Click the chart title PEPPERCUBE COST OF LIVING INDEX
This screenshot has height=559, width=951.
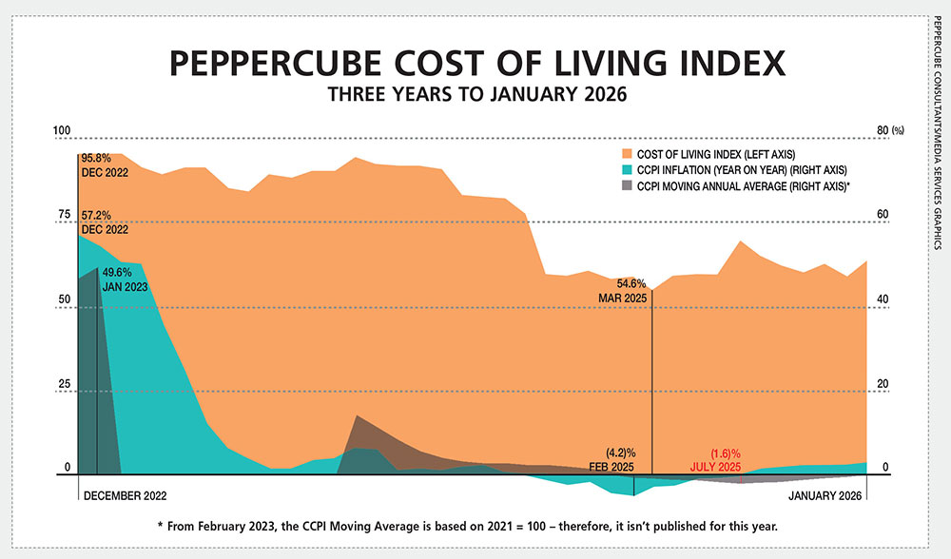(x=475, y=64)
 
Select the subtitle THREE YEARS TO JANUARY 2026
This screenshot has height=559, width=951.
(x=475, y=95)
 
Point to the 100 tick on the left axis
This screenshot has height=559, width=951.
(x=63, y=130)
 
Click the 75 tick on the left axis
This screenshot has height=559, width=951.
(x=65, y=215)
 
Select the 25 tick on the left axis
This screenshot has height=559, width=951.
(x=65, y=384)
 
